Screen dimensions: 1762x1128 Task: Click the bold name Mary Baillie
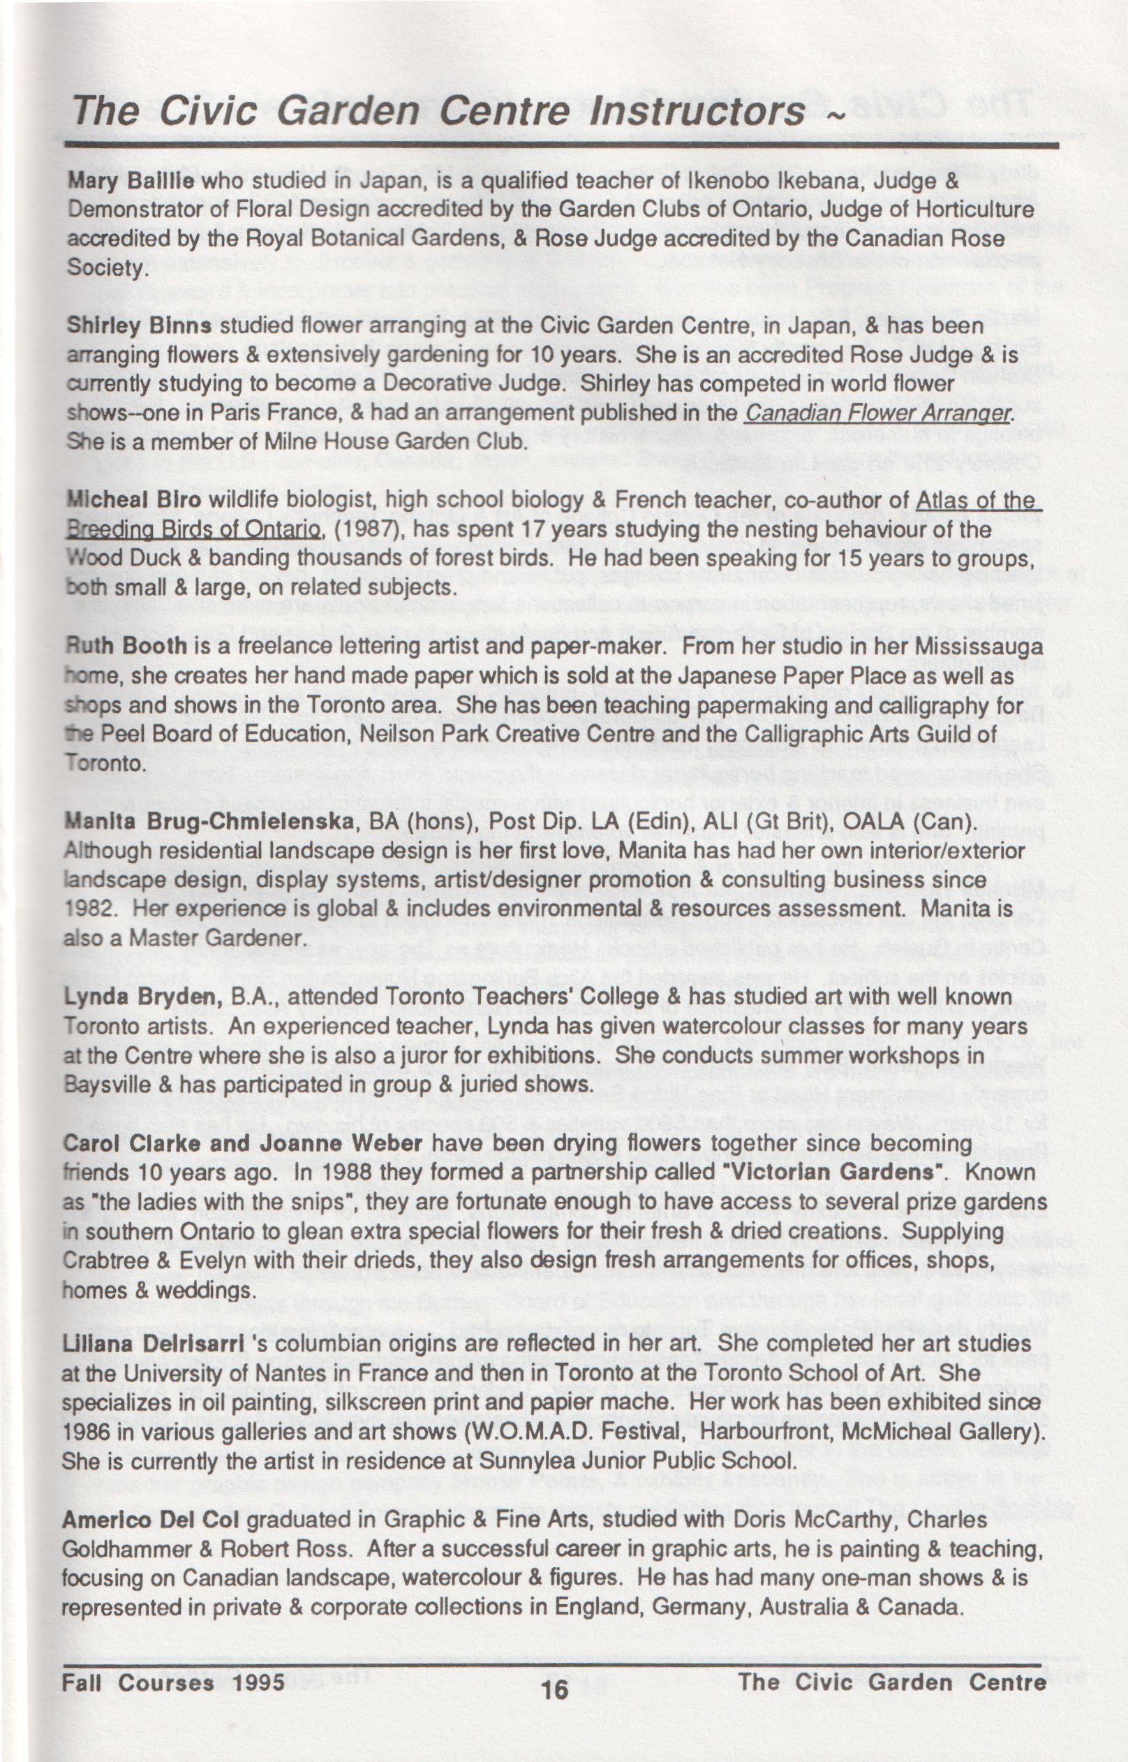(131, 181)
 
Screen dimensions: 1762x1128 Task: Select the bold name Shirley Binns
(139, 325)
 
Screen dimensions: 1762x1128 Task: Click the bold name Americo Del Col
(151, 1521)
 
